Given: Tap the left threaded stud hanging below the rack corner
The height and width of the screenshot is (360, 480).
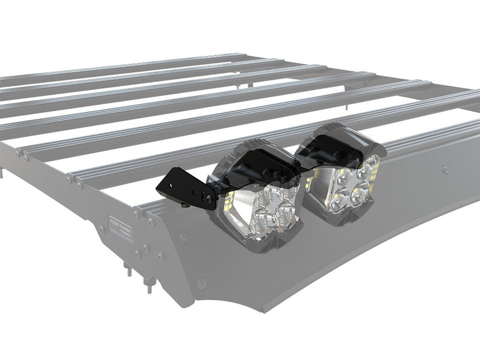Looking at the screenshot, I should [x=128, y=269].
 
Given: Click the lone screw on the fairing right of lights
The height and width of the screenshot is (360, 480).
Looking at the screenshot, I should [x=444, y=170].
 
